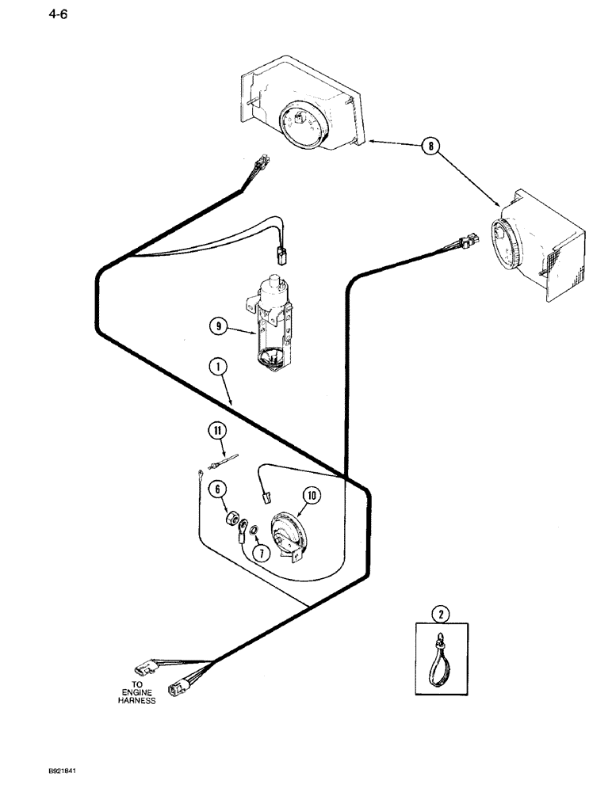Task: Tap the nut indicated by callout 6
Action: (231, 520)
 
